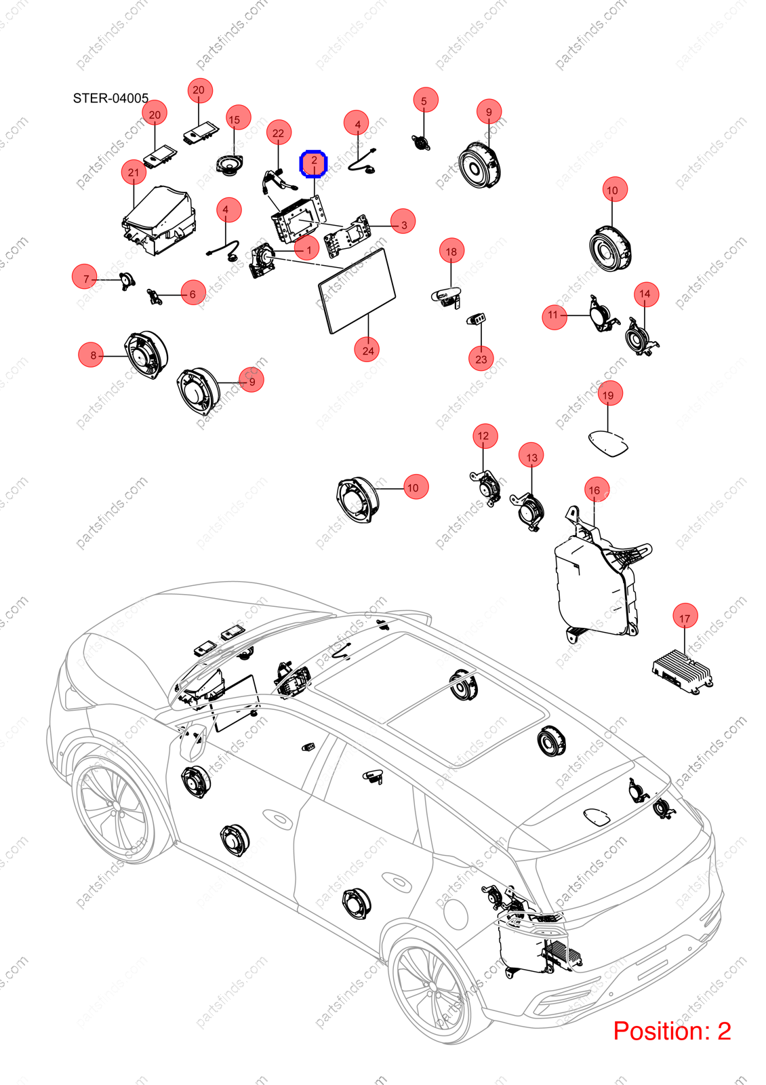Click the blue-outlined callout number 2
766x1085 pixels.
tap(314, 163)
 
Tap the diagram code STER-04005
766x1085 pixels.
tap(110, 98)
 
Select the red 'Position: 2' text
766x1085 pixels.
tap(672, 1031)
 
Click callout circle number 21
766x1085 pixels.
tap(134, 172)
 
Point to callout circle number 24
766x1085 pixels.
tap(368, 350)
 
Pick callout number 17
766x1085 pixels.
tap(685, 618)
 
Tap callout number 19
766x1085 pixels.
tap(608, 395)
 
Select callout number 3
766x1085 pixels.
tap(403, 224)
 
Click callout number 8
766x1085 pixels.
tap(91, 355)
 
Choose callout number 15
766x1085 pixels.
tap(235, 119)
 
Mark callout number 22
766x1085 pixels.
tap(279, 133)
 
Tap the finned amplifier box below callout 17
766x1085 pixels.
tap(682, 672)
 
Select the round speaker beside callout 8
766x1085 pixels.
tap(146, 355)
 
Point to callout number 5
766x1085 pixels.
tap(424, 101)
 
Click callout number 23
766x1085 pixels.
tap(481, 359)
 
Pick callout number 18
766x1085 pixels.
tap(451, 252)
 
